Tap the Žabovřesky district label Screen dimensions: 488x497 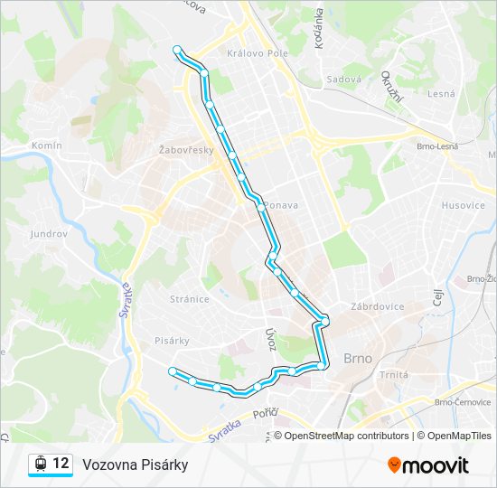click(186, 149)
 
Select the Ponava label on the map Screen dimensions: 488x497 click(282, 205)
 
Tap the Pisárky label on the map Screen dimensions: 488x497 click(172, 341)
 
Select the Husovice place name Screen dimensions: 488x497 click(463, 205)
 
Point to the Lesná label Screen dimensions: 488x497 click(441, 93)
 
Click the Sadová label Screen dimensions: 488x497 click(344, 79)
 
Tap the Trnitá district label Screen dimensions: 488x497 click(394, 374)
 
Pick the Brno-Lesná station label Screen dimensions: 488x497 click(437, 146)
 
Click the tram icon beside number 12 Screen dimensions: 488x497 click(40, 465)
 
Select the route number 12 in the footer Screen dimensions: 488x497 click(61, 464)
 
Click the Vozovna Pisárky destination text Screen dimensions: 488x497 click(135, 465)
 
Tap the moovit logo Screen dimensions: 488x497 click(428, 465)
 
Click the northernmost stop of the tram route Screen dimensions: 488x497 click(177, 51)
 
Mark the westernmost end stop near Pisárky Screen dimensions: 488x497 click(172, 371)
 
